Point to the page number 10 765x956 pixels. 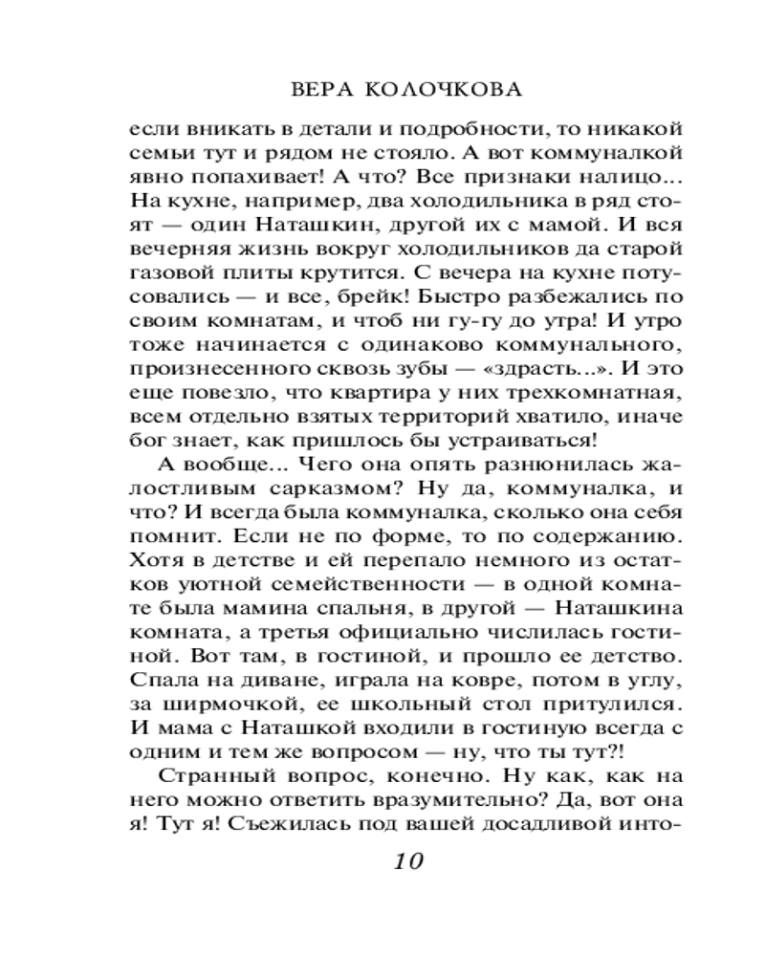tap(403, 861)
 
